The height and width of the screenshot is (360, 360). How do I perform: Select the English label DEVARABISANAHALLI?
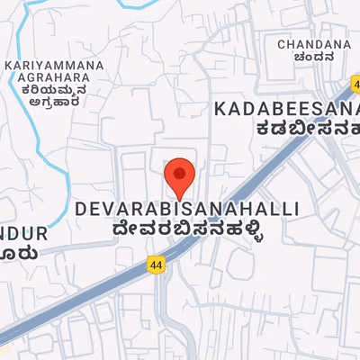tap(186, 209)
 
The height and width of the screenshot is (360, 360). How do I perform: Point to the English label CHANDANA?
tap(313, 44)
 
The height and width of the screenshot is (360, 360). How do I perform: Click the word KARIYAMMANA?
tap(54, 66)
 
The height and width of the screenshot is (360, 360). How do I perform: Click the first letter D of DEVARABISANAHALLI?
tap(80, 209)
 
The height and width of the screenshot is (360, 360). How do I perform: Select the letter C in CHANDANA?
tap(282, 44)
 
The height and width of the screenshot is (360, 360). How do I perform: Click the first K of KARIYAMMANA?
tap(9, 66)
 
